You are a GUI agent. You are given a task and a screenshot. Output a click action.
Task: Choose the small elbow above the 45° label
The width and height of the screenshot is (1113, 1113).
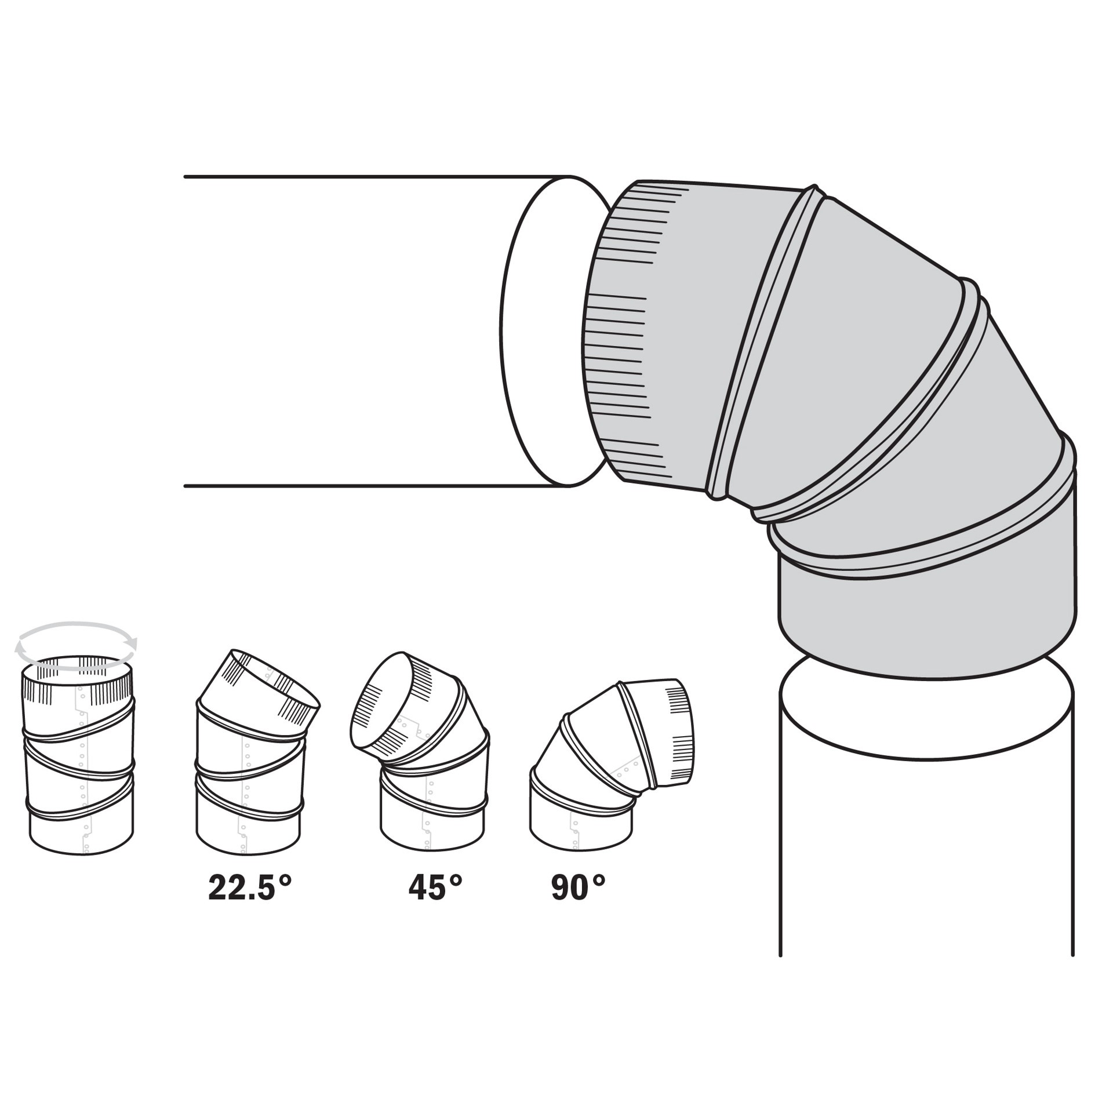coord(420,754)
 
